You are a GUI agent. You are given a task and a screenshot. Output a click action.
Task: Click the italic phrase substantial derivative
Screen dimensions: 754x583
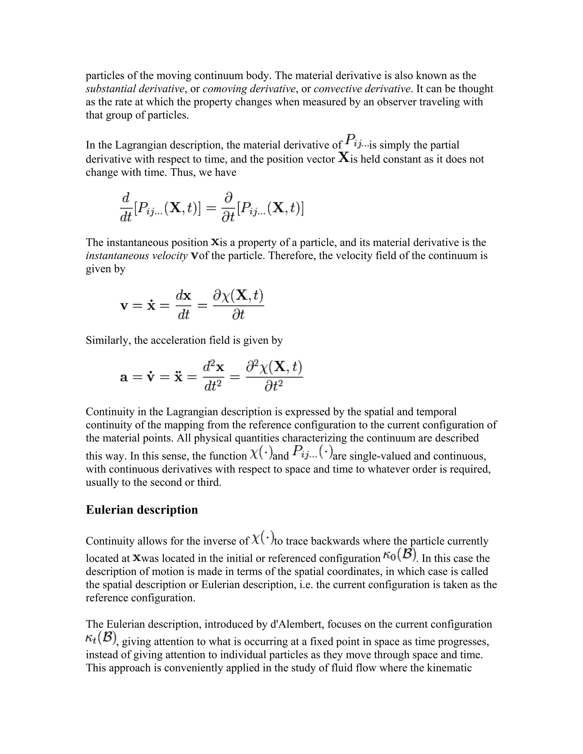click(x=135, y=89)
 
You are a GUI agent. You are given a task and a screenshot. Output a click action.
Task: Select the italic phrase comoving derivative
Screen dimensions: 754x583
click(x=249, y=89)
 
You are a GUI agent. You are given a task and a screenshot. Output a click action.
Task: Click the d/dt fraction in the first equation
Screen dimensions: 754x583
click(x=126, y=207)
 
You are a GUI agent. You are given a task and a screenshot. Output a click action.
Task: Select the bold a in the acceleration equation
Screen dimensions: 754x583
click(x=124, y=377)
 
